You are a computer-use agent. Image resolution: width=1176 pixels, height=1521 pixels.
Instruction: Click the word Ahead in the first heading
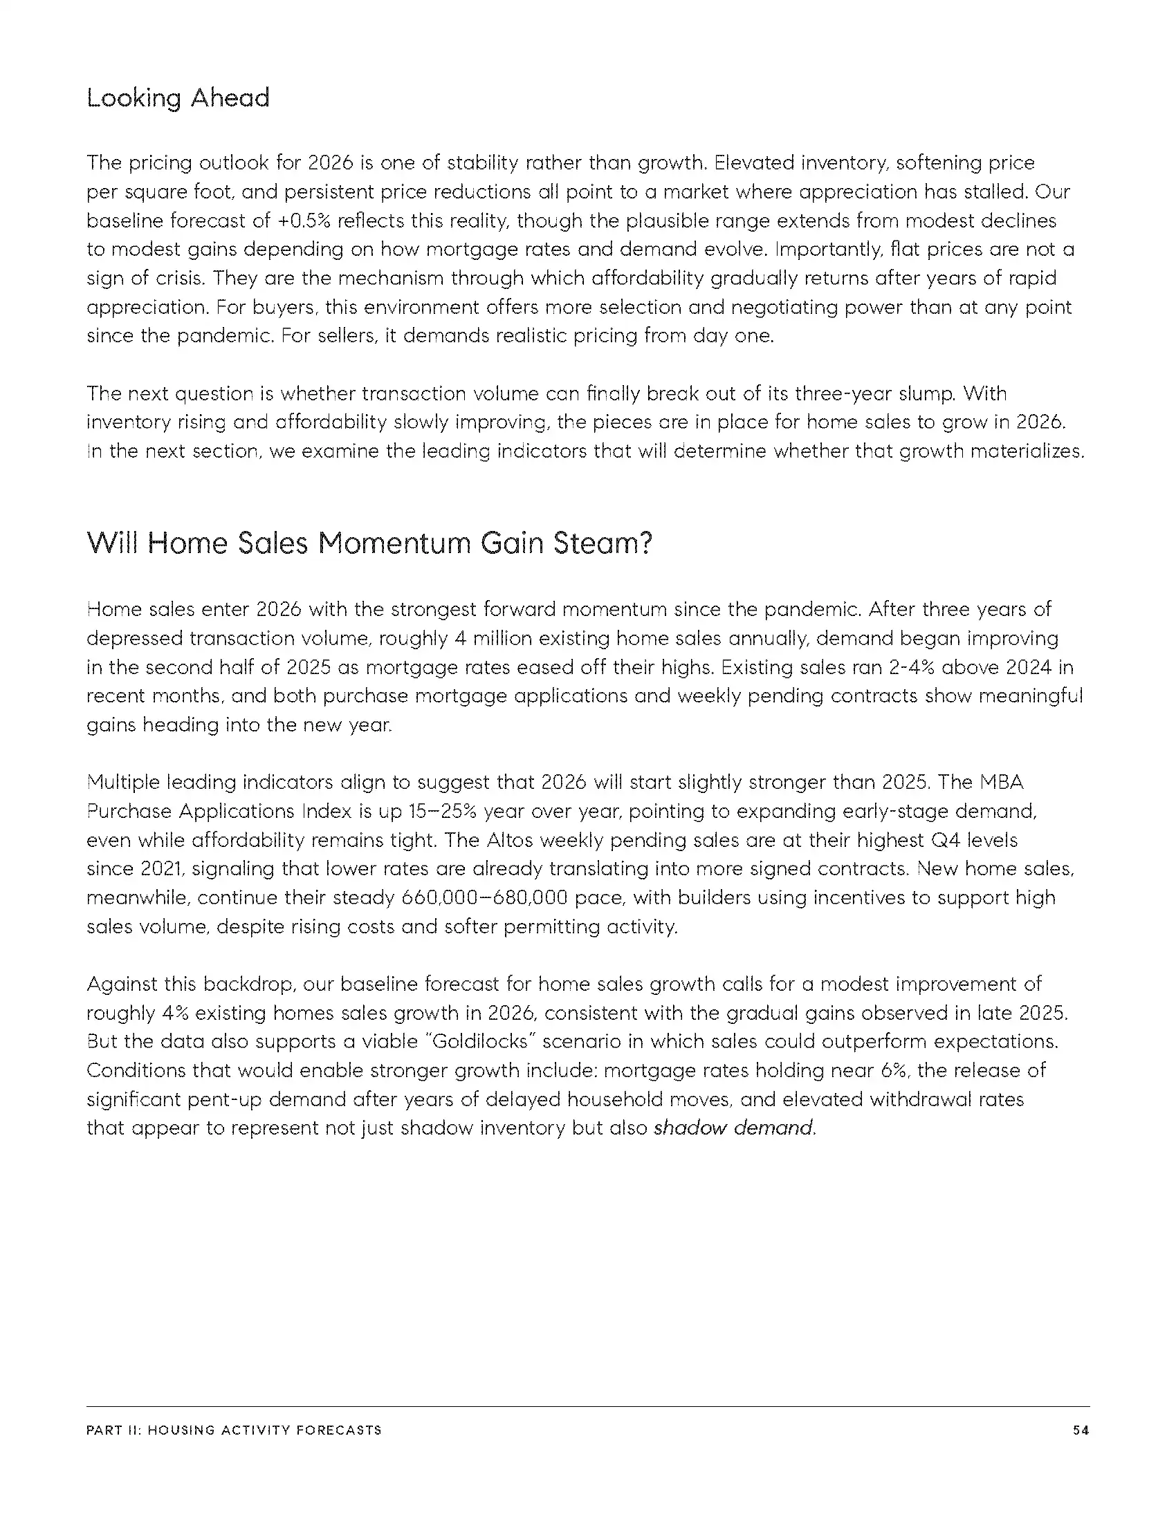[x=230, y=98]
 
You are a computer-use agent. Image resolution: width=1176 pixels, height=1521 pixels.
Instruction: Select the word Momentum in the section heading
[x=394, y=543]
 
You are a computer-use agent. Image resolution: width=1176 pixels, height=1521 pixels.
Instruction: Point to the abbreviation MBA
[x=1001, y=783]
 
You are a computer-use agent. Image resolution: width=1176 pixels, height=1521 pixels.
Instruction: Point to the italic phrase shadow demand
[x=733, y=1128]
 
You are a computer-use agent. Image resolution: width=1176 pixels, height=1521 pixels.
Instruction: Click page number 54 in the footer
[x=1081, y=1430]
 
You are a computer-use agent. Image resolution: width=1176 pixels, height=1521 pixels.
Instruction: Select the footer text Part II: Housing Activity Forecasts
[x=234, y=1430]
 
